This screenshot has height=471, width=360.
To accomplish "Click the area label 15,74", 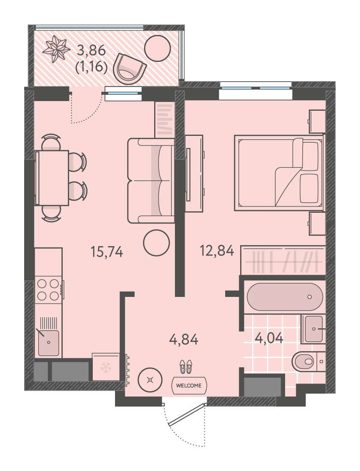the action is pyautogui.click(x=107, y=252).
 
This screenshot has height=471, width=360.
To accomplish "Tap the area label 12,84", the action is pyautogui.click(x=217, y=250).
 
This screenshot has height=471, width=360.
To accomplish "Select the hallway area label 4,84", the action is pyautogui.click(x=184, y=340).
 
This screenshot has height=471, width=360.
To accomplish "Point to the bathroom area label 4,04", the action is pyautogui.click(x=269, y=338).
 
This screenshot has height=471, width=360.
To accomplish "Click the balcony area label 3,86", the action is pyautogui.click(x=91, y=50).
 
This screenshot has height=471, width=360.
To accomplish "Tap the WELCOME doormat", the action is pyautogui.click(x=189, y=385).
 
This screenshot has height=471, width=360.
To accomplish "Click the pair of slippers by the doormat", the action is pyautogui.click(x=186, y=367).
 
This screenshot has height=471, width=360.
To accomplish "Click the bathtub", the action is pyautogui.click(x=285, y=297).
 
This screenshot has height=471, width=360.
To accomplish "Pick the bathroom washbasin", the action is pyautogui.click(x=313, y=329).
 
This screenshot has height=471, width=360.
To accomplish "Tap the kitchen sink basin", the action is pyautogui.click(x=49, y=343).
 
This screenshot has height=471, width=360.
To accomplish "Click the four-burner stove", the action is pyautogui.click(x=48, y=290).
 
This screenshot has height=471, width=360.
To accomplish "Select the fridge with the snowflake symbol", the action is pyautogui.click(x=106, y=367).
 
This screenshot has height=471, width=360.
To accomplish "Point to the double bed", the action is pyautogui.click(x=279, y=173).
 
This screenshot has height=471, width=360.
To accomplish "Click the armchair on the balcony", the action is pyautogui.click(x=130, y=69).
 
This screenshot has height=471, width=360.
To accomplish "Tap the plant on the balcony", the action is pyautogui.click(x=56, y=49).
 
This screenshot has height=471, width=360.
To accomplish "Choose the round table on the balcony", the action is pyautogui.click(x=158, y=48).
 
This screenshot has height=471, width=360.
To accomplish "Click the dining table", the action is pyautogui.click(x=52, y=178).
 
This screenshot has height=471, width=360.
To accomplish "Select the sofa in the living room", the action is pyautogui.click(x=151, y=180).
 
